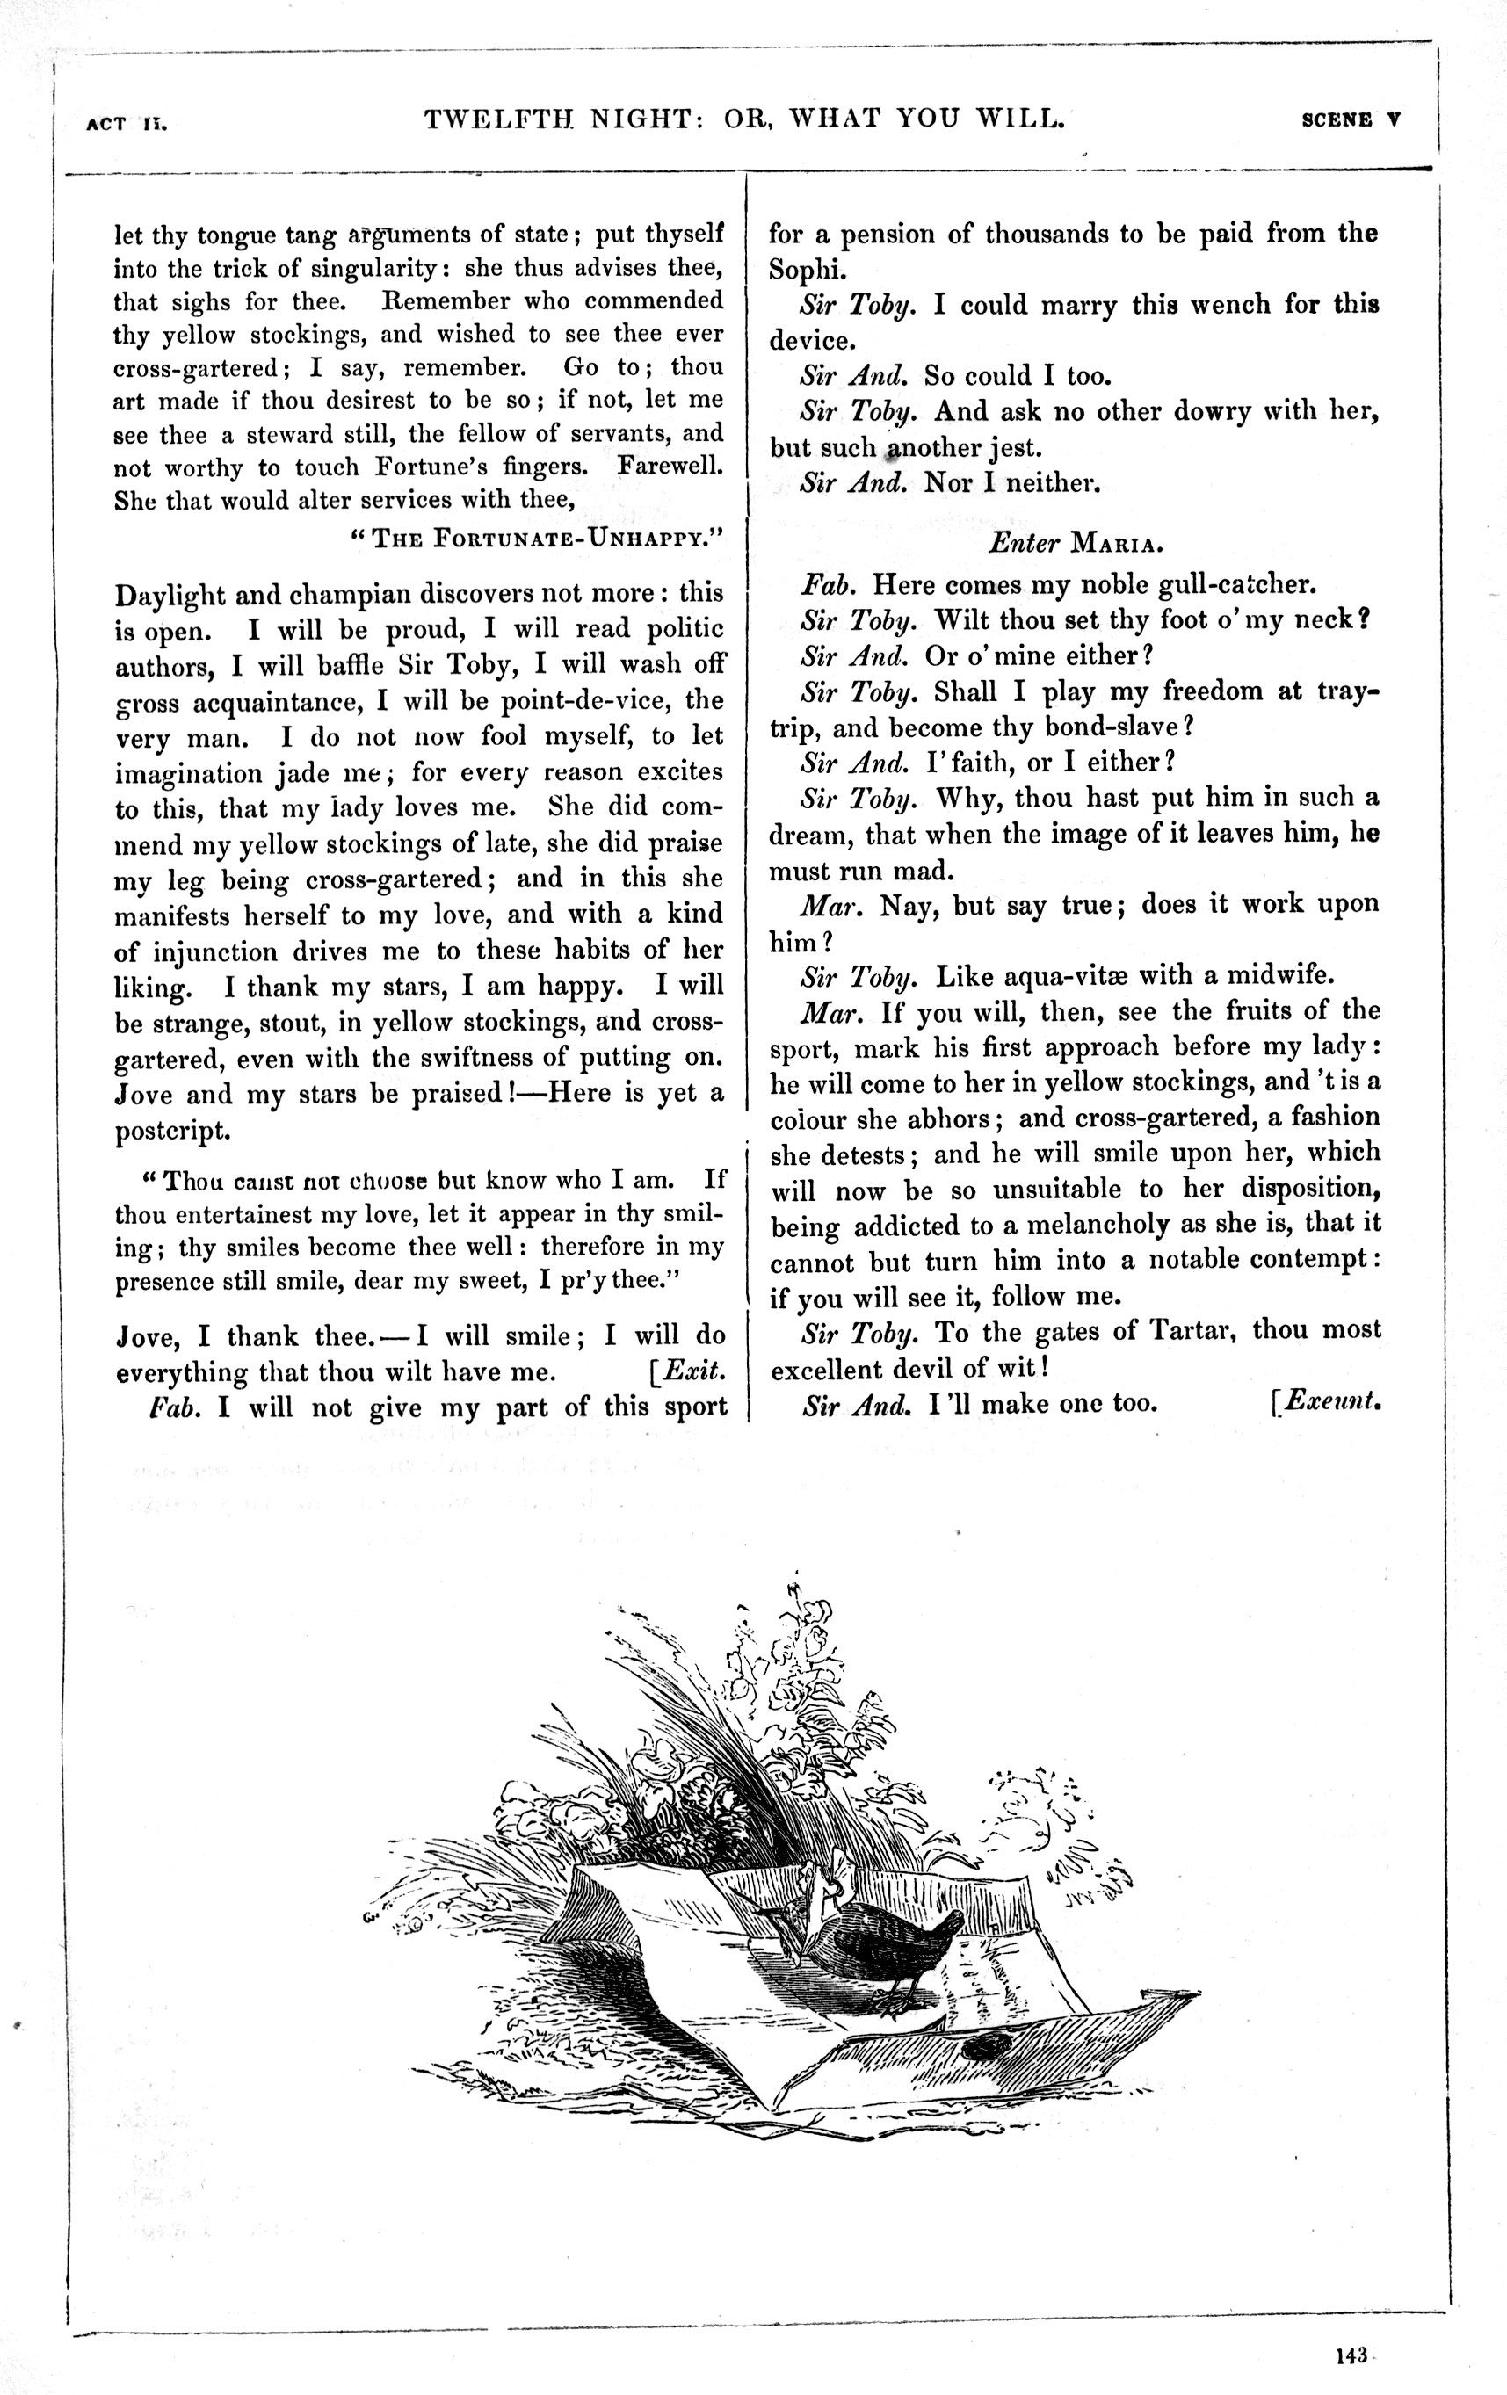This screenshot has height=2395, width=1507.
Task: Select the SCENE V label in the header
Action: point(1351,120)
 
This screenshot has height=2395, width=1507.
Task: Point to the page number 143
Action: point(1351,2355)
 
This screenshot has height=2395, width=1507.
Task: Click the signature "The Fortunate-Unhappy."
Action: point(536,539)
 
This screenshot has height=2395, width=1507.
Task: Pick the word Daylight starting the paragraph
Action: point(170,596)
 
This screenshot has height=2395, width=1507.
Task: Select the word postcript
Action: point(173,1131)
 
